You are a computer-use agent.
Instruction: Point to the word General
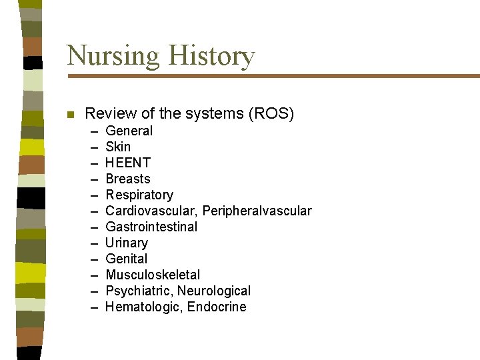point(129,131)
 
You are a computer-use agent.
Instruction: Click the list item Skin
point(118,147)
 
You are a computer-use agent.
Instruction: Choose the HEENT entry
point(128,163)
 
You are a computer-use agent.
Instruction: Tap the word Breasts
point(128,179)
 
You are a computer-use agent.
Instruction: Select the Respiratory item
point(139,195)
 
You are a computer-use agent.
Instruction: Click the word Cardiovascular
point(151,211)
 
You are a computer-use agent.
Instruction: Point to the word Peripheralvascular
point(257,211)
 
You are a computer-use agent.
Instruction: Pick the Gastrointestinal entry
point(151,227)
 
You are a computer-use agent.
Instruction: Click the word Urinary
point(127,243)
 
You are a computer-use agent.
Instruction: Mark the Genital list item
point(127,259)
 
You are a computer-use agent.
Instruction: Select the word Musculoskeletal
point(153,275)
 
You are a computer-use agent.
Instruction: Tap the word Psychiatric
point(138,291)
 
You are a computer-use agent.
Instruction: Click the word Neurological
point(214,291)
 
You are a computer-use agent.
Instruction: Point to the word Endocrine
point(217,307)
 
